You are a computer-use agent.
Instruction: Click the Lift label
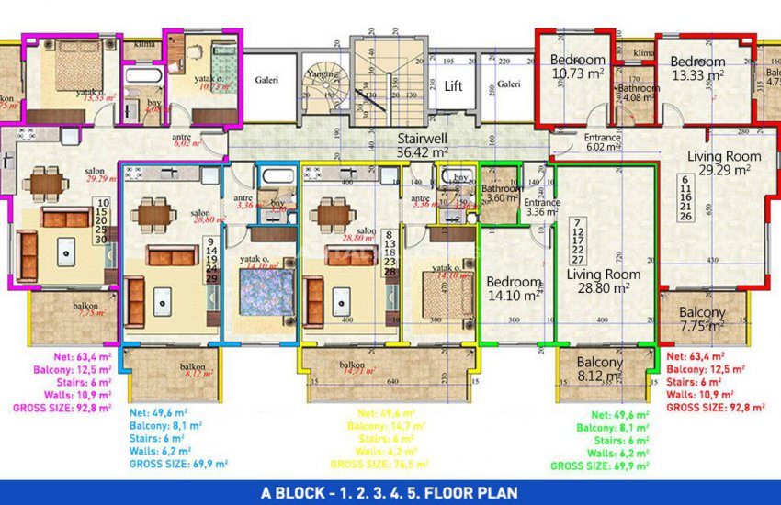point(453,86)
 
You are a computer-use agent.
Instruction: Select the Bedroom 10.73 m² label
point(578,67)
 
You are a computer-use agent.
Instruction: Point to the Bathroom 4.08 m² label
point(639,92)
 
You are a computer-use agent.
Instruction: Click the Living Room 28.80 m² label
point(603,281)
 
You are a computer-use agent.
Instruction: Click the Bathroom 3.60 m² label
point(502,193)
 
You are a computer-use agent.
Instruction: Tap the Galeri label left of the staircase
point(267,81)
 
